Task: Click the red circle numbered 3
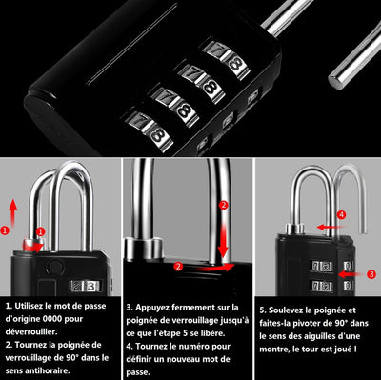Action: click(371, 274)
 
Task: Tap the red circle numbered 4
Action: click(341, 215)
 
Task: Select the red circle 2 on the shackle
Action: click(224, 205)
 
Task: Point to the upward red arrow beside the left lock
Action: click(12, 212)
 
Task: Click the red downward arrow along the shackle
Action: click(224, 240)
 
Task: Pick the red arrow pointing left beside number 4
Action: click(331, 227)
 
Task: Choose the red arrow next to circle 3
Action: click(351, 274)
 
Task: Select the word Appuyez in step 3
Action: click(151, 308)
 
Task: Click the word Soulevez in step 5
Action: click(286, 310)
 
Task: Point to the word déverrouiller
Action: click(31, 331)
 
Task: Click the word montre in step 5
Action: click(271, 350)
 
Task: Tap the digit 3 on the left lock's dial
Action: click(91, 287)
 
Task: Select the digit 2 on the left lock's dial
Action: click(77, 287)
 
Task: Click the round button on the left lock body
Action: click(55, 265)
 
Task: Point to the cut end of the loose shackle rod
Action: click(335, 82)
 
